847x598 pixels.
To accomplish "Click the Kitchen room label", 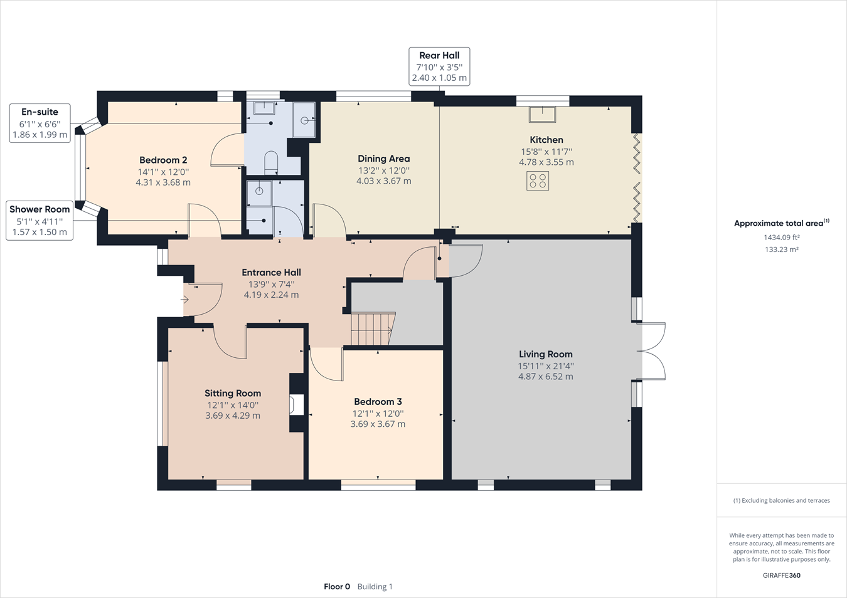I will (546, 140).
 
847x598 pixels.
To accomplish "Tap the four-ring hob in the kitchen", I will (538, 181).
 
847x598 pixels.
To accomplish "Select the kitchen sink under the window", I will (542, 114).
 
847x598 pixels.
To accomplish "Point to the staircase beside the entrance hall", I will (372, 329).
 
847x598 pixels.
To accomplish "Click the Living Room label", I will (545, 354).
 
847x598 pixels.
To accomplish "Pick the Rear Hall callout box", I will (439, 66).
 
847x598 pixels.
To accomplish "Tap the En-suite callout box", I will (40, 123).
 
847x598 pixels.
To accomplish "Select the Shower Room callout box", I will (39, 220).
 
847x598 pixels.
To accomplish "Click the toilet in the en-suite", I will (271, 161).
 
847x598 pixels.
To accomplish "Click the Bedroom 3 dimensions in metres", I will (378, 424).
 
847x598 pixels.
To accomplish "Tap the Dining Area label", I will (383, 159).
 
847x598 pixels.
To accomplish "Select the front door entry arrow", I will (184, 300).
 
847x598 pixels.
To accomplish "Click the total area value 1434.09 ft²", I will (781, 238).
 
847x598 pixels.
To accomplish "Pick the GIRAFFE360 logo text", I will (781, 575).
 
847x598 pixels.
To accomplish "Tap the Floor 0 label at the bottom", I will (337, 587).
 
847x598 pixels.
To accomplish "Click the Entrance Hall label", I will (271, 273).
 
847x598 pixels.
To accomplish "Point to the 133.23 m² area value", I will (781, 249).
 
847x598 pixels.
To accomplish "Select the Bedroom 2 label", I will (163, 160).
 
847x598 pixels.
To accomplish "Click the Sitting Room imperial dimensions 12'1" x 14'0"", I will (232, 405).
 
